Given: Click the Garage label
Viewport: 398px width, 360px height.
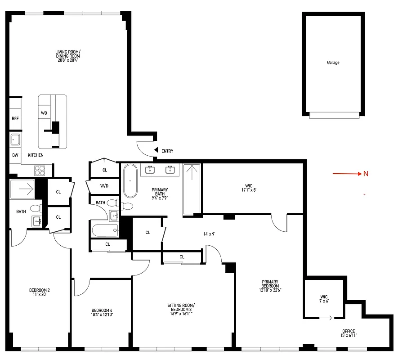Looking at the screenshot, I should point(333,63).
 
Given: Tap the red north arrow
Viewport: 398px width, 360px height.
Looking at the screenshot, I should point(347,174).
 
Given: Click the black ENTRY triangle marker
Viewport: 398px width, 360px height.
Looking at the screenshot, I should point(156,150).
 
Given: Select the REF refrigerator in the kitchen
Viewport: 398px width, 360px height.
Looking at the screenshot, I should point(15,119).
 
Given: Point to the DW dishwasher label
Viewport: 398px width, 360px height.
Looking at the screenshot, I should point(15,155).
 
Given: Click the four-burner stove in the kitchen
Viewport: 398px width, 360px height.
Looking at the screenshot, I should point(40,170).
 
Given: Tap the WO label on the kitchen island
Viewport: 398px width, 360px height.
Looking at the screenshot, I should point(44,112).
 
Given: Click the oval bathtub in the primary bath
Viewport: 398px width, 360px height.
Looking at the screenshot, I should point(130,181).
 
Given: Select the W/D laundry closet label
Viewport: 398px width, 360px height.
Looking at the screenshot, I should point(104,185).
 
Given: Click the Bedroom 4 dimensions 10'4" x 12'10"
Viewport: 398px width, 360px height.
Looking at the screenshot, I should point(102,315).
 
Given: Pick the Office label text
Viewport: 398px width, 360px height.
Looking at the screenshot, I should point(349,331).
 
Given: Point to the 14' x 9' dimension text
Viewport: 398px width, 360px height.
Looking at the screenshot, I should point(209,234).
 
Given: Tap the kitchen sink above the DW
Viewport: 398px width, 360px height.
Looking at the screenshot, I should point(15,139).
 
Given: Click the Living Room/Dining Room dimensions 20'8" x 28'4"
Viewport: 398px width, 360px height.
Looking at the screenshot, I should point(68,60).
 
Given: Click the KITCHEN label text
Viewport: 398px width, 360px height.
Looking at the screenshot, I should point(36,155).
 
